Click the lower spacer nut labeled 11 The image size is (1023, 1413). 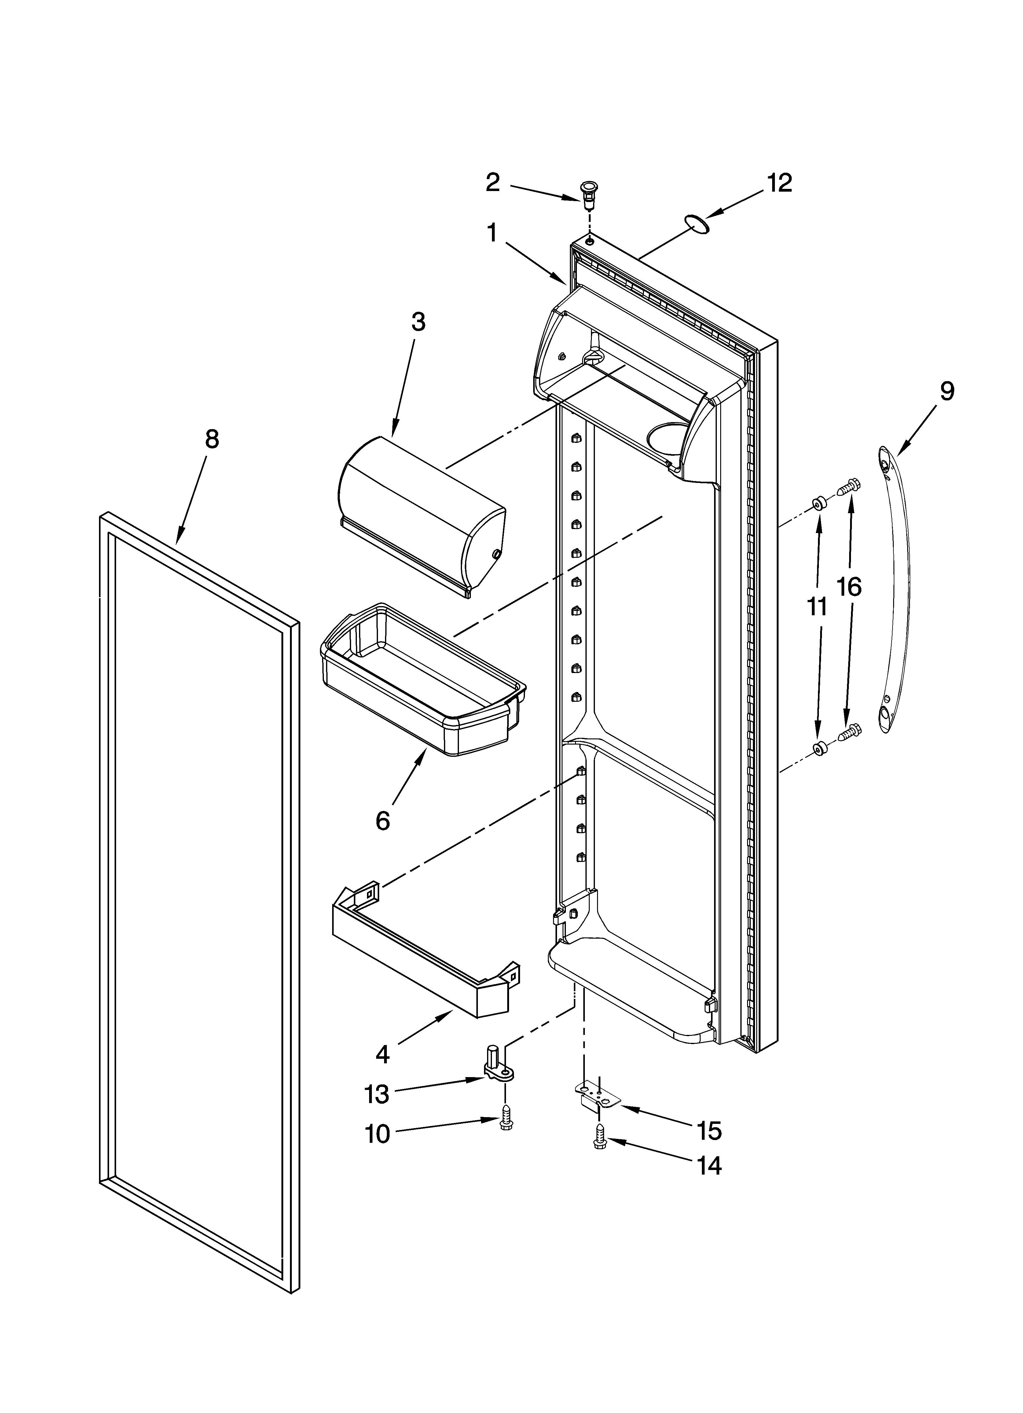pos(820,748)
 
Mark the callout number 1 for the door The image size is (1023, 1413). pos(492,234)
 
